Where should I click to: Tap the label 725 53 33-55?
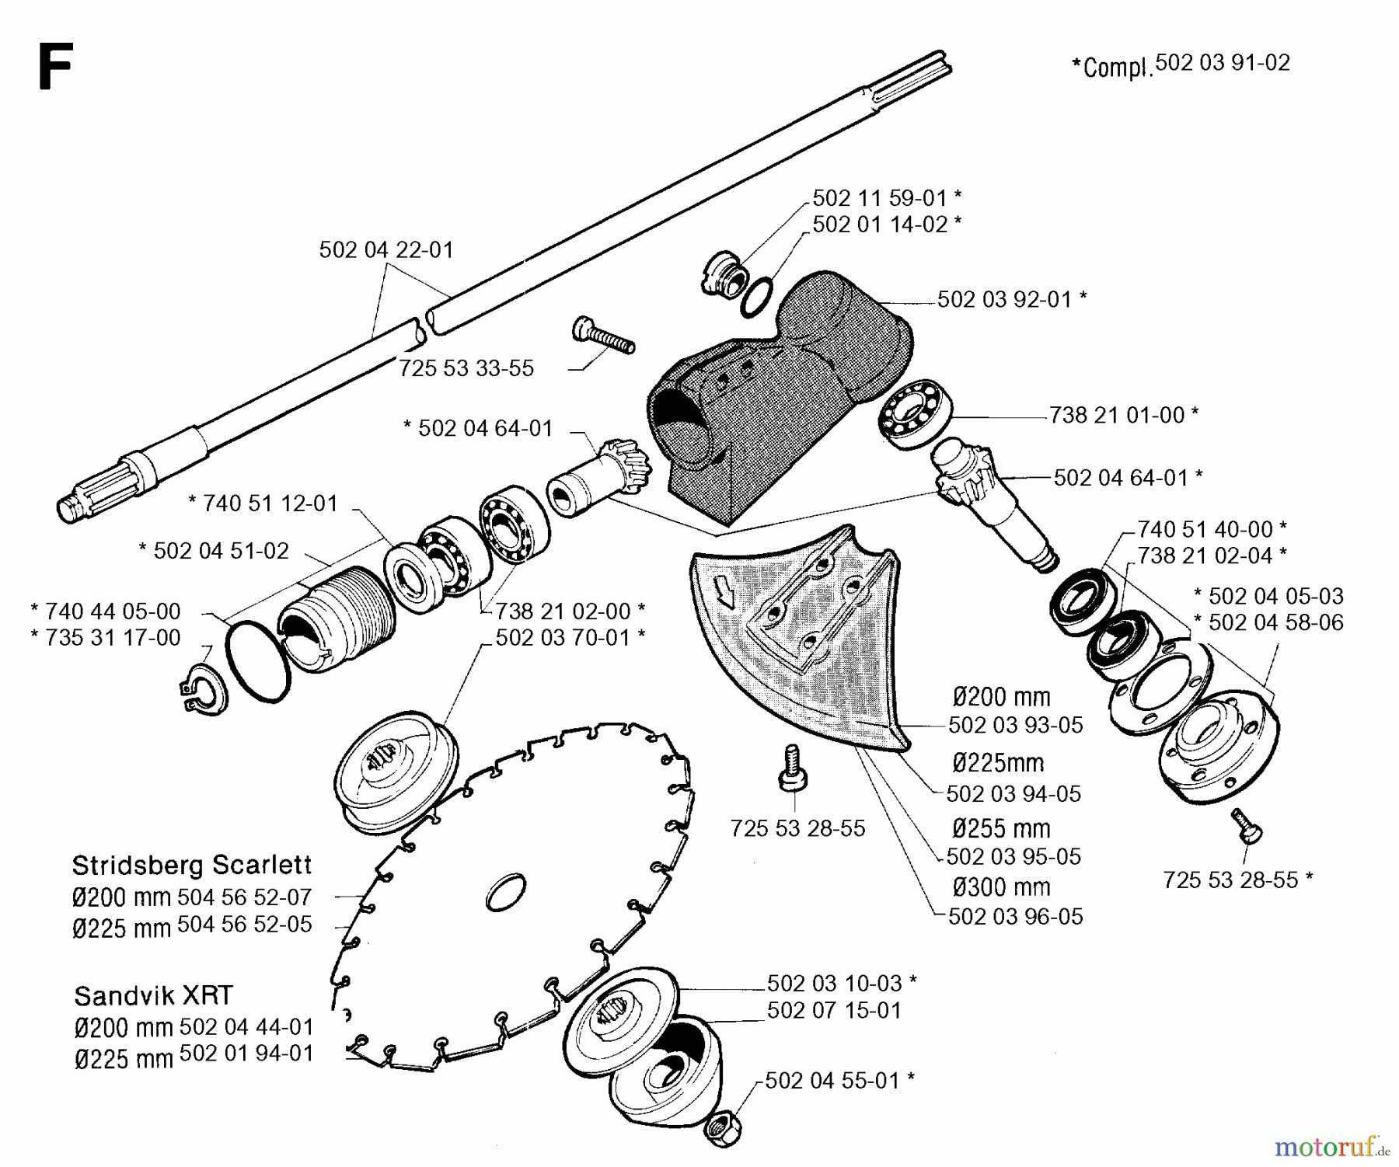[466, 368]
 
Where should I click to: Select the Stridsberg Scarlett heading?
[191, 865]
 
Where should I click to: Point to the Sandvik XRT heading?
[153, 995]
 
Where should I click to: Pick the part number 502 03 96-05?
[1015, 917]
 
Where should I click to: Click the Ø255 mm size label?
[1001, 828]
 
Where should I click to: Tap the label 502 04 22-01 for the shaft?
[386, 250]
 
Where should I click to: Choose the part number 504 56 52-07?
[244, 897]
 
